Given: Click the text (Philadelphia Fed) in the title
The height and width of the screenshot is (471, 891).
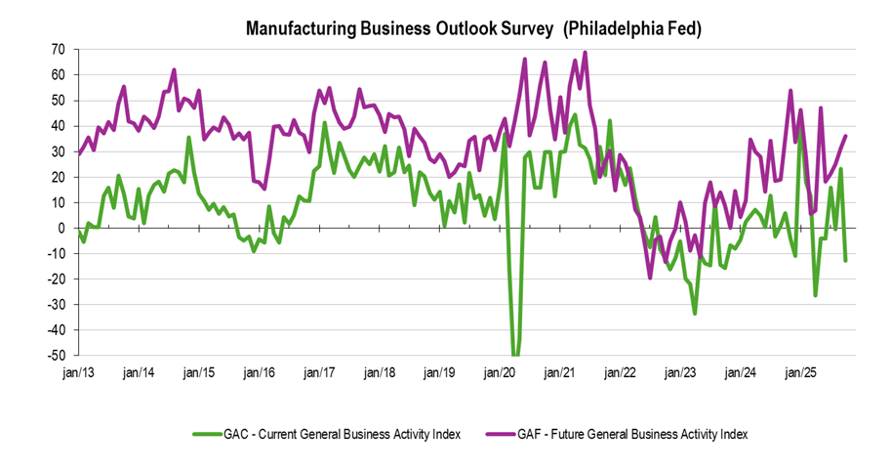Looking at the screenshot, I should point(632,29).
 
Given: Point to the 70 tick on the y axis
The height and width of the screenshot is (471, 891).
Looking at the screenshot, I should point(58,49).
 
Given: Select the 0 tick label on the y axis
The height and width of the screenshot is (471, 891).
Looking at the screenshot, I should point(61,228).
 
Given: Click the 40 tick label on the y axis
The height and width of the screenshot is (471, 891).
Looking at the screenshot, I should point(58,125).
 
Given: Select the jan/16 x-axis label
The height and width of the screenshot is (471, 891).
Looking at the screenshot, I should point(258,373).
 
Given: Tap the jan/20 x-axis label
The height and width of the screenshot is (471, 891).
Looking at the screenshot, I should point(500,373).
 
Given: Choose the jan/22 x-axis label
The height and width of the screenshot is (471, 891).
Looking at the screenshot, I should point(621,373).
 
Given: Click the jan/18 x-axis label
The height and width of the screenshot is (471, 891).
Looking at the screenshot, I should point(379,373).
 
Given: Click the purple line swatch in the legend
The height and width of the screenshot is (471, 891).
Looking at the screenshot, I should point(515,432).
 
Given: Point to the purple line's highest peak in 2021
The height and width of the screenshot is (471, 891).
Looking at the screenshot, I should point(585,53).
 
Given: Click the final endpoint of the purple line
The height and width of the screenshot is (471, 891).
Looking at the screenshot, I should point(845,136).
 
